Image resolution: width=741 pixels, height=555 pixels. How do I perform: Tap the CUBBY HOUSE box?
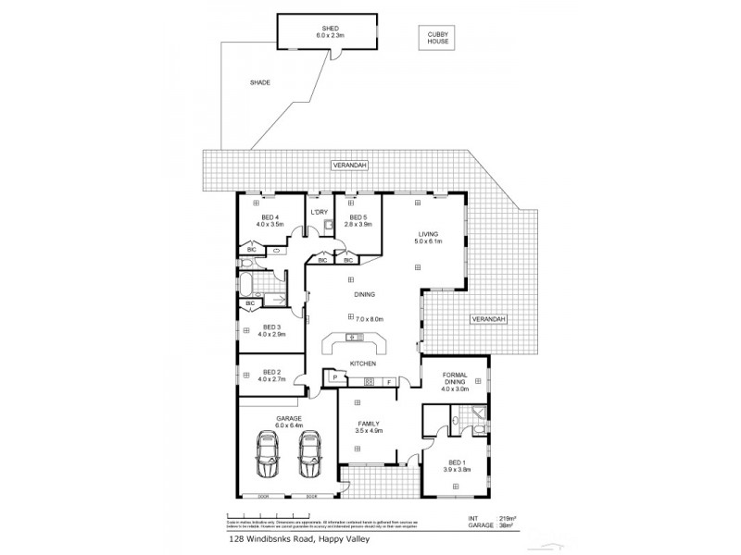(x=437, y=38)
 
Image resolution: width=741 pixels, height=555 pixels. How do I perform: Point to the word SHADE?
(x=259, y=82)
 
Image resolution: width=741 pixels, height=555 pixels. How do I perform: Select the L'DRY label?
(x=320, y=212)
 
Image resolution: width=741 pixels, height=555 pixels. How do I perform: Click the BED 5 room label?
(x=358, y=217)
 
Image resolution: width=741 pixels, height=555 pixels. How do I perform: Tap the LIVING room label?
(x=427, y=235)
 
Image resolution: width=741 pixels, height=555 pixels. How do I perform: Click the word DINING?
(x=364, y=294)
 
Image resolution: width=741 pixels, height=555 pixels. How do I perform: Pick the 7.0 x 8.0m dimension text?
(x=368, y=319)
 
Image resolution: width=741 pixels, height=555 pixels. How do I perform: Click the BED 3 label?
(x=271, y=327)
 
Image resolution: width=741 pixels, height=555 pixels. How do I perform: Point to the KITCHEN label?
(x=361, y=364)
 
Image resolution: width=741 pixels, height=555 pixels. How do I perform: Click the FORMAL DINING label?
(x=454, y=378)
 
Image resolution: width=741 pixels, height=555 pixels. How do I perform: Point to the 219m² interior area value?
(x=508, y=518)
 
